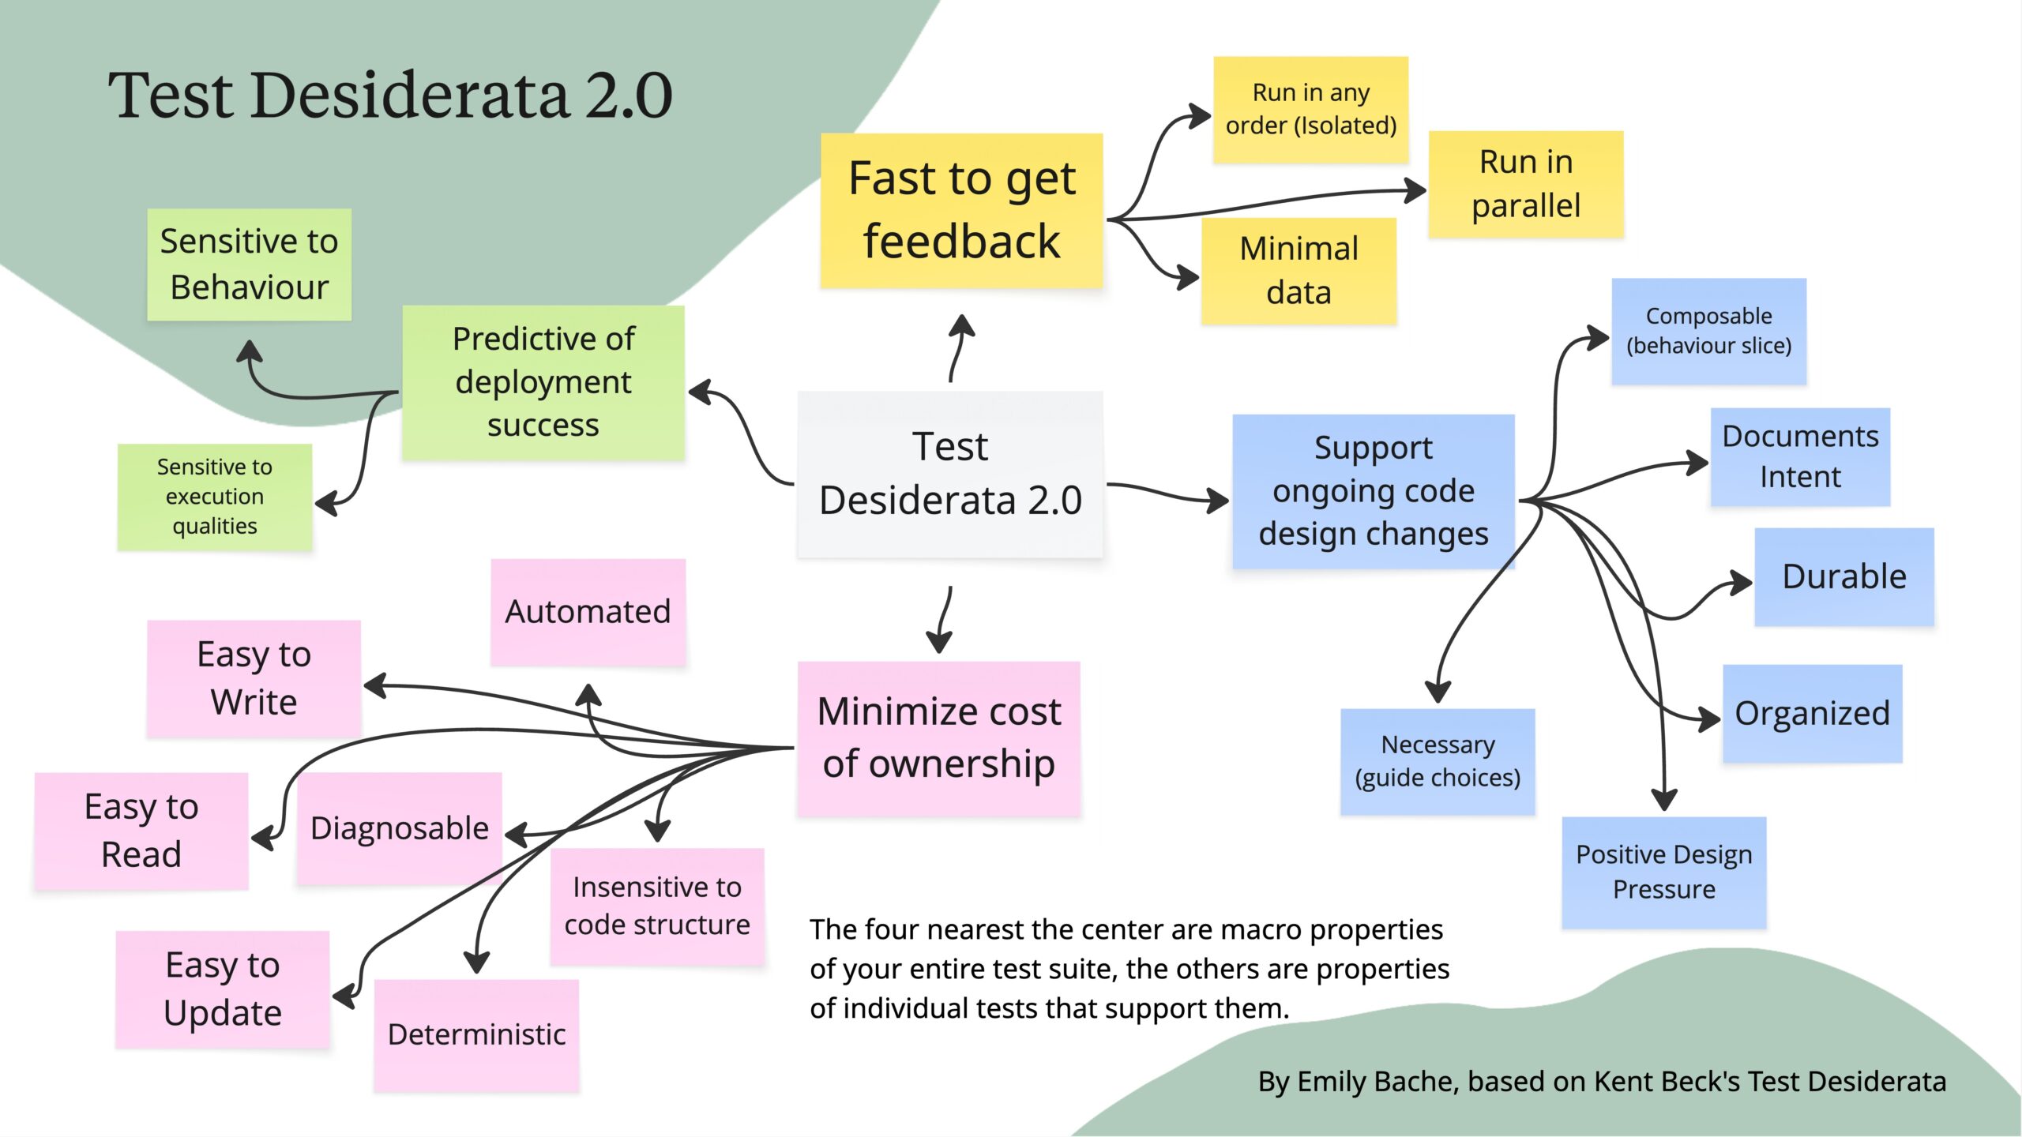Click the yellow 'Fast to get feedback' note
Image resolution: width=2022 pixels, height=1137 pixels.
pyautogui.click(x=961, y=210)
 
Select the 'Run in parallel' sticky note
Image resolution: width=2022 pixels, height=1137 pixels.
pyautogui.click(x=1525, y=184)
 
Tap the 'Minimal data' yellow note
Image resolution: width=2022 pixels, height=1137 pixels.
pyautogui.click(x=1299, y=271)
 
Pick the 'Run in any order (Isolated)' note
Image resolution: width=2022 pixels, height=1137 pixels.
pyautogui.click(x=1310, y=109)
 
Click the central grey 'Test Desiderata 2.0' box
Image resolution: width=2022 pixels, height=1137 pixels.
pyautogui.click(x=950, y=474)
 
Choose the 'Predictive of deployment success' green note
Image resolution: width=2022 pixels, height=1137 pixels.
pyautogui.click(x=543, y=382)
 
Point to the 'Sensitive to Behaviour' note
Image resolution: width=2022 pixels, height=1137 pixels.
pyautogui.click(x=249, y=264)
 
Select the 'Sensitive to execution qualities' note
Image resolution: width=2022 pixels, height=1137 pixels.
pyautogui.click(x=214, y=497)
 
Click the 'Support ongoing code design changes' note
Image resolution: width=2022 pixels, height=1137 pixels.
pyautogui.click(x=1373, y=491)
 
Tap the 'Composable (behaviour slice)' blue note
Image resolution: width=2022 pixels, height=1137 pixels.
pyautogui.click(x=1708, y=331)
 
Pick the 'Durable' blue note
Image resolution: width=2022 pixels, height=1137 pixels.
pyautogui.click(x=1843, y=576)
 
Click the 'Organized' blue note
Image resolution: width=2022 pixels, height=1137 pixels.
pyautogui.click(x=1812, y=713)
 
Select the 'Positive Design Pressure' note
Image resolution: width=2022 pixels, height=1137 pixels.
pyautogui.click(x=1663, y=872)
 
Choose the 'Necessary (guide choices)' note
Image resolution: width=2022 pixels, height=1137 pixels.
pyautogui.click(x=1437, y=761)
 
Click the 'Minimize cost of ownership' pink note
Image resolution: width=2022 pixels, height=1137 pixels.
pyautogui.click(x=938, y=738)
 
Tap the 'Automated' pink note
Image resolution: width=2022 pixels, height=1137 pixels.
pyautogui.click(x=588, y=612)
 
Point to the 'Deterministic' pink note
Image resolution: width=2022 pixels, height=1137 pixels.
pyautogui.click(x=476, y=1034)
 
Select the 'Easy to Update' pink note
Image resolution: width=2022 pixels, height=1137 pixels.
pyautogui.click(x=222, y=989)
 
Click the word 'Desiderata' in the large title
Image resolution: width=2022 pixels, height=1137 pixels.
pyautogui.click(x=410, y=96)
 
